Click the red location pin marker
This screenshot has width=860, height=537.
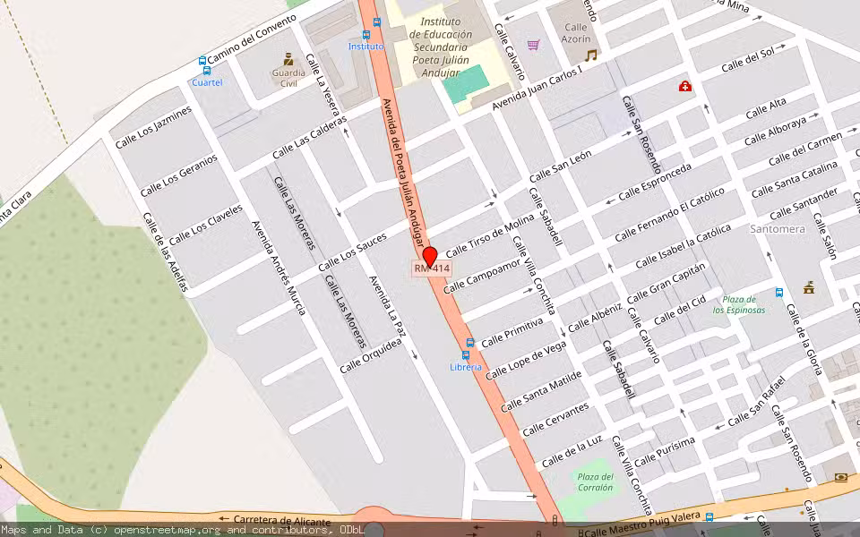pos(430,256)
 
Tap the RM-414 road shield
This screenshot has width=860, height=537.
pos(432,268)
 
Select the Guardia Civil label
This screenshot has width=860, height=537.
pos(288,77)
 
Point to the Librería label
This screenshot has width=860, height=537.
pos(466,367)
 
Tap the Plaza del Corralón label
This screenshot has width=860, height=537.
pos(595,482)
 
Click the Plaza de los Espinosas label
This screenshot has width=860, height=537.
pos(739,304)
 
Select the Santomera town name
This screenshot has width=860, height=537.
pos(778,229)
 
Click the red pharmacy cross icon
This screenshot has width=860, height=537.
pos(684,86)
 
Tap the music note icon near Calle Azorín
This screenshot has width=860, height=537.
pos(590,55)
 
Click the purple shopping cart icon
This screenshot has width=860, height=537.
pos(534,44)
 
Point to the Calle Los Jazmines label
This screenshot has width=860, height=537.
pos(153,127)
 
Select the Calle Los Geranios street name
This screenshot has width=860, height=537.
pos(178,175)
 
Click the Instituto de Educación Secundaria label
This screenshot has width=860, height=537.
pos(439,47)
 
